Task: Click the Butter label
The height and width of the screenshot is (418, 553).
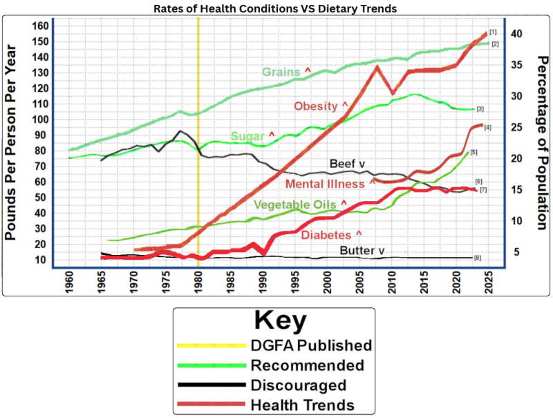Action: coord(361,250)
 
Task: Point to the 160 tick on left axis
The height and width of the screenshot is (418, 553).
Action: coord(40,26)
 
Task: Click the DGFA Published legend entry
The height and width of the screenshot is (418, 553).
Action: coord(310,345)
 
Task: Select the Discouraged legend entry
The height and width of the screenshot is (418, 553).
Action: coord(298,385)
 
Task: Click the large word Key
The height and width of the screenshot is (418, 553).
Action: coord(281,321)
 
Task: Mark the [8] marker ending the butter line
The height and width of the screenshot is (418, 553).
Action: coord(478,258)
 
